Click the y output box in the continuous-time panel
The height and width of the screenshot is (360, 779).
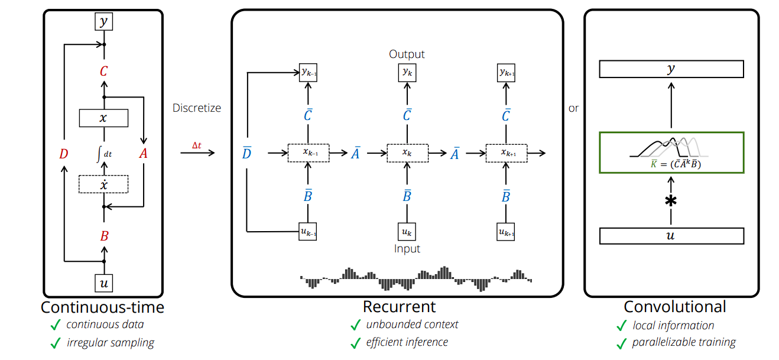point(104,22)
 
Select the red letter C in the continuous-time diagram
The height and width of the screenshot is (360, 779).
point(104,72)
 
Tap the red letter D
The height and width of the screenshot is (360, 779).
point(64,154)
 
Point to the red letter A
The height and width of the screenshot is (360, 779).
point(143,154)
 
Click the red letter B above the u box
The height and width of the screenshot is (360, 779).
point(104,236)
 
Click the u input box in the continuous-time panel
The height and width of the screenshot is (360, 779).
point(104,283)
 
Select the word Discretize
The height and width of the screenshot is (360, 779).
point(197,108)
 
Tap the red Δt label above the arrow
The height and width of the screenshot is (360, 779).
point(197,145)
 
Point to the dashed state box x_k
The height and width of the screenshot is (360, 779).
point(407,153)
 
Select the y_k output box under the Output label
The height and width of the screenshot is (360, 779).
point(407,72)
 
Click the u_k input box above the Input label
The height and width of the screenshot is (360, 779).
point(407,231)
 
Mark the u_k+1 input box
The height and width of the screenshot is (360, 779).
point(505,231)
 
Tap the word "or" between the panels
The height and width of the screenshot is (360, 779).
point(573,109)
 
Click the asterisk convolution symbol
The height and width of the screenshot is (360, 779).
point(671,201)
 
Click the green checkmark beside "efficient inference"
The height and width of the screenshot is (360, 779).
point(355,342)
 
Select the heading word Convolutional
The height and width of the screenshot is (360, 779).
point(675,307)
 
